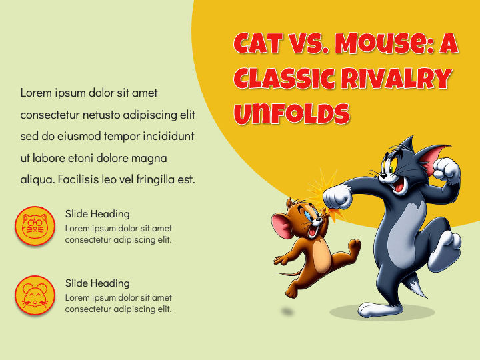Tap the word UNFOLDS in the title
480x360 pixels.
click(292, 113)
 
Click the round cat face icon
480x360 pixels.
click(35, 226)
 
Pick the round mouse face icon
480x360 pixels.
click(35, 295)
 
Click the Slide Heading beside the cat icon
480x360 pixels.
click(97, 214)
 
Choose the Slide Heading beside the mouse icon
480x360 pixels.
click(97, 283)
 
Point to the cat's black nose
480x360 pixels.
click(383, 176)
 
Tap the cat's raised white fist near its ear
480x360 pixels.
click(446, 169)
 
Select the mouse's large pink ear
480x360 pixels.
click(281, 225)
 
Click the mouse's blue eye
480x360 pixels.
click(308, 216)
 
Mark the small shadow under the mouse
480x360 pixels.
click(287, 311)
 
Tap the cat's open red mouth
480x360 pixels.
click(399, 185)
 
